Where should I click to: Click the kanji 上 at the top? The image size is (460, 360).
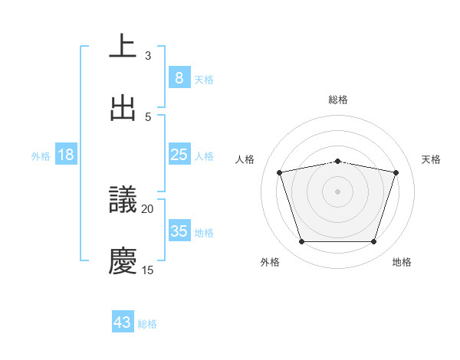pos(123,47)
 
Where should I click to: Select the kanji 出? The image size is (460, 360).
pos(123,108)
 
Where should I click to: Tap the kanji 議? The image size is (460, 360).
pos(123,200)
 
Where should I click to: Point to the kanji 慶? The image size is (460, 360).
pos(123,261)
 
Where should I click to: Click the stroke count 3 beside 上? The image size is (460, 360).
pos(148,55)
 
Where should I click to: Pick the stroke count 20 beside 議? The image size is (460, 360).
pos(148,208)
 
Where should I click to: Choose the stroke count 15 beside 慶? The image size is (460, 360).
pos(148,270)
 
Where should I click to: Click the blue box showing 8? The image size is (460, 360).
pos(179,77)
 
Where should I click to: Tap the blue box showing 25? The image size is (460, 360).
pos(179,155)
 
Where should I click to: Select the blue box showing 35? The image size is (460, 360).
pos(179,231)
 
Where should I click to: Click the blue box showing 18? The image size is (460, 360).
pos(66,155)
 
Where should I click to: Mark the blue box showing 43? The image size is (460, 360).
pos(123,322)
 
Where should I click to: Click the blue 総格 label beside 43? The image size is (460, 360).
pos(147,324)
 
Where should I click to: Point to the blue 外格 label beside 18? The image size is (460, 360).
pos(41,155)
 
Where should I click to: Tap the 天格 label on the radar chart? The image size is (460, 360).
pos(431,159)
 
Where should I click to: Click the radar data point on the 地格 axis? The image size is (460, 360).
pos(373,242)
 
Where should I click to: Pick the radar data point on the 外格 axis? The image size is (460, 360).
pos(301,242)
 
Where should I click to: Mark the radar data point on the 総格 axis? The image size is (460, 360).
pos(337,161)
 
